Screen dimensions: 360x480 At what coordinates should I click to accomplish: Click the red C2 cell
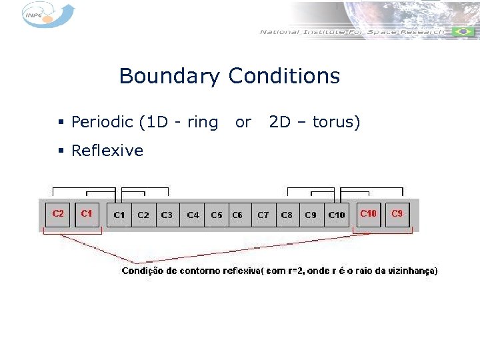(58, 213)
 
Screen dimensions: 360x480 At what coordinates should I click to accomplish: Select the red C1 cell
(87, 213)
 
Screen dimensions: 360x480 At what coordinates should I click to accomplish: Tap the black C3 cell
(167, 215)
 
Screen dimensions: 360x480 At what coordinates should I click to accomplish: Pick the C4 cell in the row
(193, 215)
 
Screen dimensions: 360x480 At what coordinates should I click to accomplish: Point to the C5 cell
(217, 215)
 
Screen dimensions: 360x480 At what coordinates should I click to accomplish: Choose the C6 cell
(237, 215)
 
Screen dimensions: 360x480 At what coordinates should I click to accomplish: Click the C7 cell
(263, 215)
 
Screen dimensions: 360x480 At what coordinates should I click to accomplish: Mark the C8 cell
(287, 215)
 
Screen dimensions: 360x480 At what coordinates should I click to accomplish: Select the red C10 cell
(368, 213)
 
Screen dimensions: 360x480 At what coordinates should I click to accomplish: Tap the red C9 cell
(397, 213)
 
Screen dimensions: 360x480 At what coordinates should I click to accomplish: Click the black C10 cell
(337, 215)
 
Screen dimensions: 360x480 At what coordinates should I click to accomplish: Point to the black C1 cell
(119, 215)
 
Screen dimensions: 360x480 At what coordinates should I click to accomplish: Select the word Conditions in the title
(284, 76)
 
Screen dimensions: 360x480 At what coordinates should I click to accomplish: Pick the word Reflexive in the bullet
(107, 151)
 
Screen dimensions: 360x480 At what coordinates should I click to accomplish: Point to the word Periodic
(103, 123)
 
